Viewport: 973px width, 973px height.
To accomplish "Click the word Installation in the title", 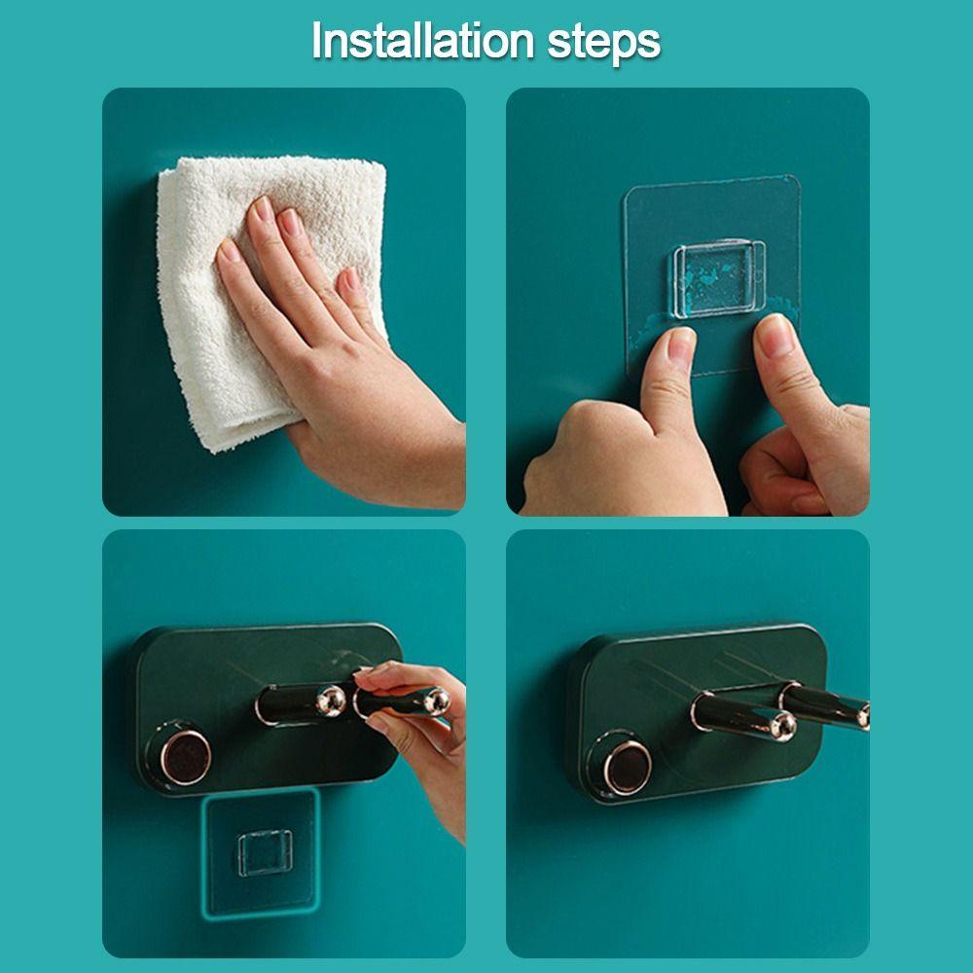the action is click(x=422, y=41).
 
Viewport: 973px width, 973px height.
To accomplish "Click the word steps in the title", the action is click(x=604, y=45).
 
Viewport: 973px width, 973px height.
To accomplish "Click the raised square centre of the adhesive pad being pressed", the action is click(x=719, y=278).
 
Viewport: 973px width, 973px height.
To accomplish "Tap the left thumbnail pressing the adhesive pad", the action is click(x=680, y=344).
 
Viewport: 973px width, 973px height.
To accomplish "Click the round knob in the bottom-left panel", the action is click(x=185, y=756).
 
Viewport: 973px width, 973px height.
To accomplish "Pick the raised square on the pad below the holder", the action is click(x=265, y=852).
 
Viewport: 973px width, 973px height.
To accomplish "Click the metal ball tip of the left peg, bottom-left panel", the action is click(x=332, y=701).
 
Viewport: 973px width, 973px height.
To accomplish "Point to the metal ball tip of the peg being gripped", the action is click(x=436, y=702).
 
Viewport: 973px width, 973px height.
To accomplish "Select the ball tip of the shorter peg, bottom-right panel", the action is click(x=783, y=726).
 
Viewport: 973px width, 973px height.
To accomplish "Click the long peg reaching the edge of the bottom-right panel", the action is click(x=825, y=704).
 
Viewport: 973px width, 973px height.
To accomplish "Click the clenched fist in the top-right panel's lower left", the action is click(x=614, y=459).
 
